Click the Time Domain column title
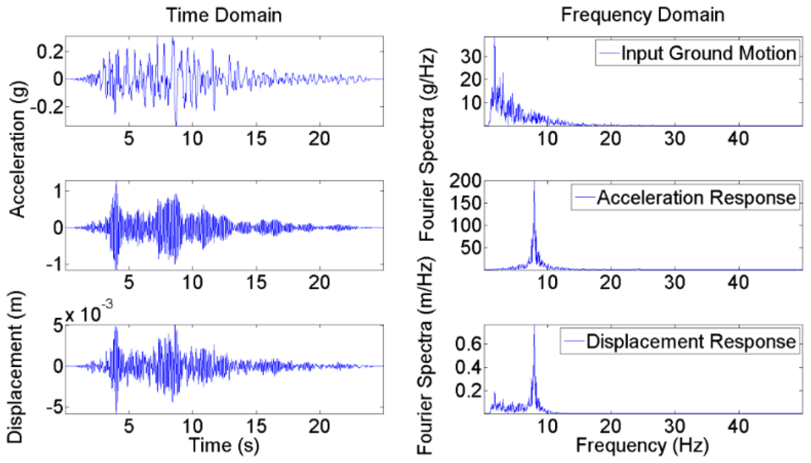[x=224, y=15]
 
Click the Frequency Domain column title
[x=642, y=15]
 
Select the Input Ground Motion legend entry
[x=708, y=53]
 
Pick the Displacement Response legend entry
[x=691, y=342]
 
